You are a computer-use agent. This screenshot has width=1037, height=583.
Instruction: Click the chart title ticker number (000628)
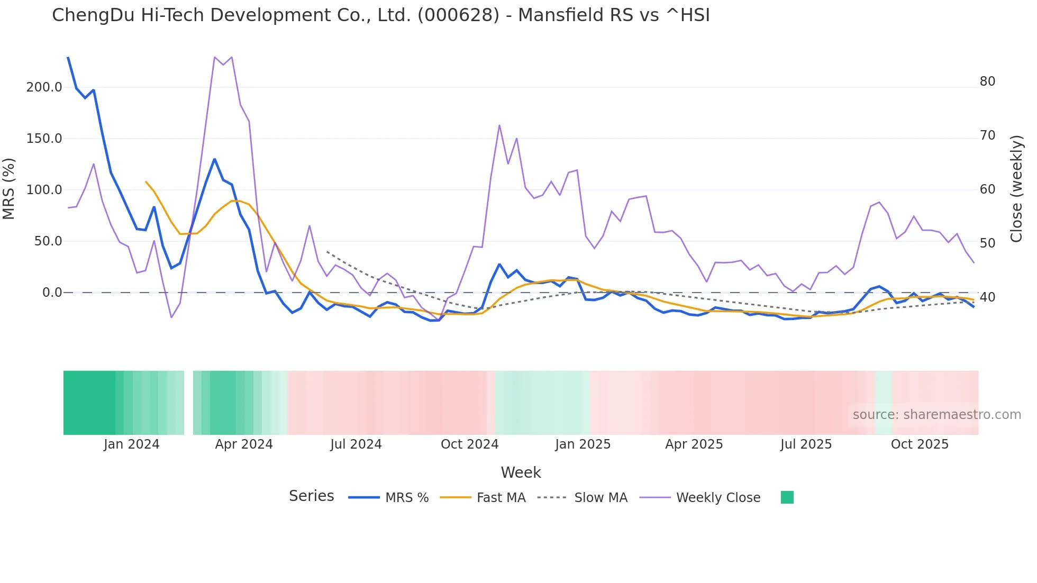(458, 15)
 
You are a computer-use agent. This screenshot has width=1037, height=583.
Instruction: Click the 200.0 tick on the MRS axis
(44, 87)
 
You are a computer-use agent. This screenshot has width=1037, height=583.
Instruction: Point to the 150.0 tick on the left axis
(44, 139)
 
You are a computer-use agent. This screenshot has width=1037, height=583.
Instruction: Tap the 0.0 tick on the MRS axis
(52, 293)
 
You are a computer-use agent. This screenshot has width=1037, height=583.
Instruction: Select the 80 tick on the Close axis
(987, 81)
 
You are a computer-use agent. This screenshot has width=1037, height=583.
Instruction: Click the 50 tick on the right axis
(987, 243)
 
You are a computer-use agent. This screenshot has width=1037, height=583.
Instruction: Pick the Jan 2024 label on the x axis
(131, 444)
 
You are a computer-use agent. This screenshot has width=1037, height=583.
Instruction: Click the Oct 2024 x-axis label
(469, 444)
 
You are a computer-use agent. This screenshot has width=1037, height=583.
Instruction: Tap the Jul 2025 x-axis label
(806, 444)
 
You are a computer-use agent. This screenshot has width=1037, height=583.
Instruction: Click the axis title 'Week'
(521, 472)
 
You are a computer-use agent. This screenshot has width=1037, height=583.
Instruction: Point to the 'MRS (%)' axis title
(9, 189)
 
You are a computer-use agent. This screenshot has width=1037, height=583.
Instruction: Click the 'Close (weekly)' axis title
(1016, 189)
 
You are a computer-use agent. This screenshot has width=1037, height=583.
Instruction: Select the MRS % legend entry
(406, 498)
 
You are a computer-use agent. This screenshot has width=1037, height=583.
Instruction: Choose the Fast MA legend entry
(501, 498)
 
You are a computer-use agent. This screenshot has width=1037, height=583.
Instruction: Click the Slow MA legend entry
(601, 498)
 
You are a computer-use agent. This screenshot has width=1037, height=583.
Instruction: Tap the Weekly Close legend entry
(718, 498)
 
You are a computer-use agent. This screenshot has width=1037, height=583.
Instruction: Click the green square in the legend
(787, 497)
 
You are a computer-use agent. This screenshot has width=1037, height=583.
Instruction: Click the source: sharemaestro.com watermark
(936, 415)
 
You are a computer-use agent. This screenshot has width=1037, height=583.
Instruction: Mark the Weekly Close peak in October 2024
(499, 125)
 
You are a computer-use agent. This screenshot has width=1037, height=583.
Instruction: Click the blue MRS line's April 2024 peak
(214, 159)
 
